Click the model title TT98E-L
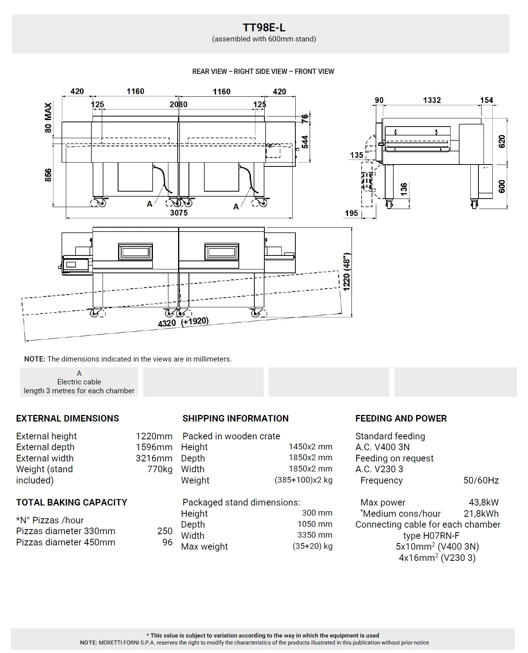(264, 27)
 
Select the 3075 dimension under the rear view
(179, 213)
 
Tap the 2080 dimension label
(178, 105)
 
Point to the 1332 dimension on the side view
(432, 100)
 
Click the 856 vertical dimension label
(48, 175)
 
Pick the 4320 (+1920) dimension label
(183, 322)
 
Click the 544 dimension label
(305, 142)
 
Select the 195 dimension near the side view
(351, 213)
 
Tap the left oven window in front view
(135, 252)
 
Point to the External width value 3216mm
(154, 458)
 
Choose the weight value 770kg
(159, 469)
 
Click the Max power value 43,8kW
(483, 502)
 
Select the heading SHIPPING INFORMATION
(235, 418)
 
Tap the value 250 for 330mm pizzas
(165, 531)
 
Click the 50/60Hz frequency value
(481, 480)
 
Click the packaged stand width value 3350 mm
(315, 535)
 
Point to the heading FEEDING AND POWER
(401, 418)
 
